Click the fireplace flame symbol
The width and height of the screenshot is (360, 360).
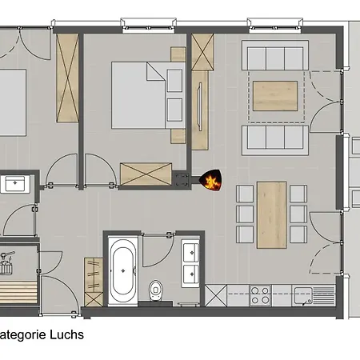pos(211,182)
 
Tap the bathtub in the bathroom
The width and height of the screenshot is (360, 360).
pos(122,272)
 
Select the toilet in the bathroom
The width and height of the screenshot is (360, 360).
pos(156,287)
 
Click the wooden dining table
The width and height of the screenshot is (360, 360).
pos(271,214)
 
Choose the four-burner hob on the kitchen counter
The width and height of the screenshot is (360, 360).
pos(261,294)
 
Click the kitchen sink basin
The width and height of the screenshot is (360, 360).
pos(302,295)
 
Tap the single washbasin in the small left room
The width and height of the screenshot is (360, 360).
pos(14,184)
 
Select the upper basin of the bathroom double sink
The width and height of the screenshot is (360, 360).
pos(191,253)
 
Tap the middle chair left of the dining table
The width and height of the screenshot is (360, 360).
pos(243,214)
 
